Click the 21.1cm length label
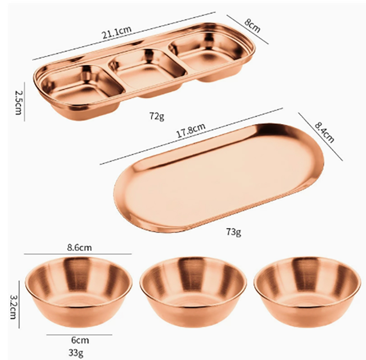(116, 32)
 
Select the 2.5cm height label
(18, 102)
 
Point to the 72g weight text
(157, 116)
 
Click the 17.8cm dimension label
(191, 130)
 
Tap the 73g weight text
(233, 232)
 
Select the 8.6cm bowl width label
(79, 247)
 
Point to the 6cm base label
(80, 340)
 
